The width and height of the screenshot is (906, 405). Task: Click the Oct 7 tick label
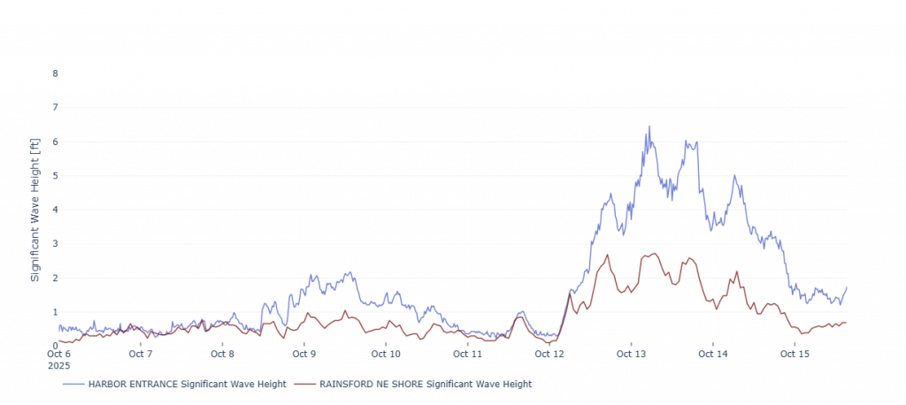click(x=141, y=354)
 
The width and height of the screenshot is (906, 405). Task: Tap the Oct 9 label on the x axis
click(x=304, y=354)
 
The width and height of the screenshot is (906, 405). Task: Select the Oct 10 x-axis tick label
click(x=386, y=354)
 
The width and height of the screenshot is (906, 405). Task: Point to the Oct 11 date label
click(x=468, y=354)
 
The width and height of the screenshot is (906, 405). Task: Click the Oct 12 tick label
click(x=549, y=354)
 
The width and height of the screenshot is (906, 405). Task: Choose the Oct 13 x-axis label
click(x=631, y=354)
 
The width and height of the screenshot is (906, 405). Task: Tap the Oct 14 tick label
click(x=713, y=354)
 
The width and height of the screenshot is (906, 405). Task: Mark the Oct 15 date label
click(x=795, y=354)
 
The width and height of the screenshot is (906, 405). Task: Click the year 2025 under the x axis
click(x=58, y=364)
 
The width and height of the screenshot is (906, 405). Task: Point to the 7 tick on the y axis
click(x=54, y=107)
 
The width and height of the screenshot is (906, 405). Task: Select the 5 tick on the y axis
click(x=54, y=175)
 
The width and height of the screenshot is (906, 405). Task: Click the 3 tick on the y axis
click(x=54, y=243)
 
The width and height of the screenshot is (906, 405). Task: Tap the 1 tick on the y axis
click(x=54, y=311)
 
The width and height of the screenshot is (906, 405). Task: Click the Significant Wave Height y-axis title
click(x=36, y=209)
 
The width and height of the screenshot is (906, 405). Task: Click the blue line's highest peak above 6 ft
click(x=649, y=126)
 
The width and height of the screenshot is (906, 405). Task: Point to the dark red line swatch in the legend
click(x=304, y=385)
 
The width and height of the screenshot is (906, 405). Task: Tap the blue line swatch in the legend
click(x=73, y=385)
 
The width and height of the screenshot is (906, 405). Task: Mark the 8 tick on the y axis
click(x=54, y=73)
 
